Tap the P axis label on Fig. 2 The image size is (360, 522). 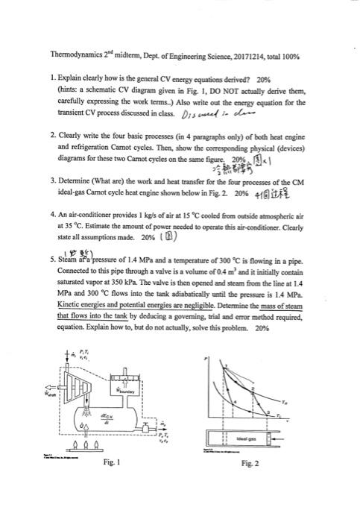205,359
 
